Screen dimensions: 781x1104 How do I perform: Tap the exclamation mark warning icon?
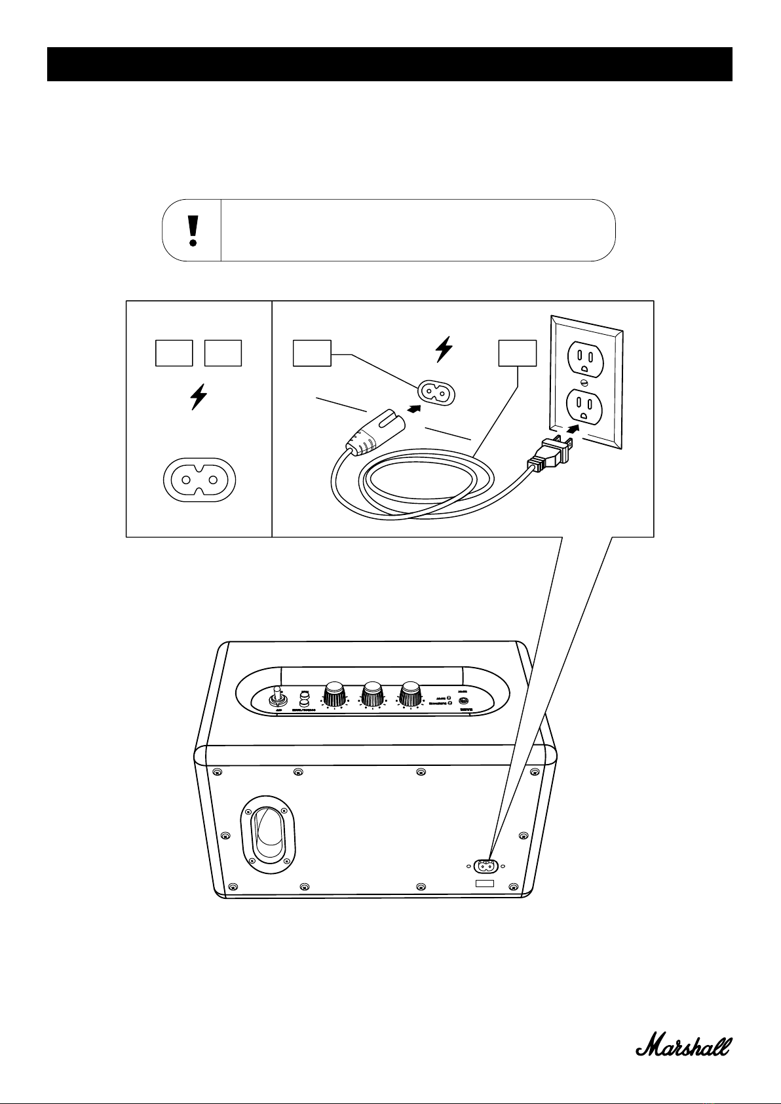[x=193, y=231]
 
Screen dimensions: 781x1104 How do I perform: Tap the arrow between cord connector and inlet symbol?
[x=413, y=408]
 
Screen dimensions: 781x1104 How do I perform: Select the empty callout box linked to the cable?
[x=518, y=353]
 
